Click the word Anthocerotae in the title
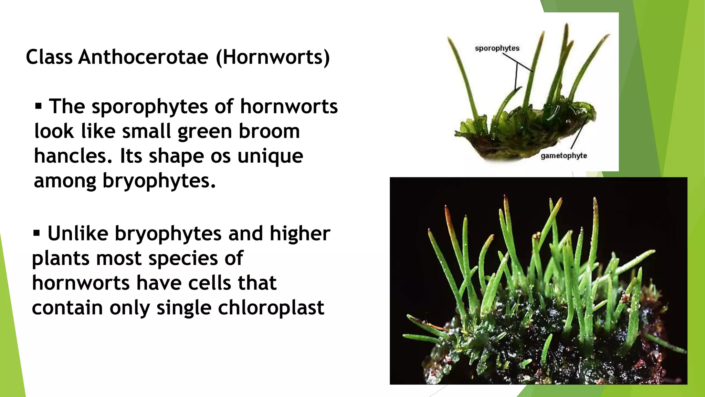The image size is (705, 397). pyautogui.click(x=143, y=57)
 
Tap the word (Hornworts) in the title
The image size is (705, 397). pyautogui.click(x=273, y=57)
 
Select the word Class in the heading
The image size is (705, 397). pyautogui.click(x=49, y=57)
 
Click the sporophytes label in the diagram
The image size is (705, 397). pyautogui.click(x=497, y=48)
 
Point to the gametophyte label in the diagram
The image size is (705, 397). pyautogui.click(x=564, y=156)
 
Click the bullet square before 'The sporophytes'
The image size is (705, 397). pyautogui.click(x=38, y=106)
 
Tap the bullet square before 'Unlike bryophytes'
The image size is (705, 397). pyautogui.click(x=36, y=233)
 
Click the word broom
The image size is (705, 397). pyautogui.click(x=269, y=131)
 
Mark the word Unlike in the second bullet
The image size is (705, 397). pyautogui.click(x=78, y=233)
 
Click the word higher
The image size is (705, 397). pyautogui.click(x=299, y=233)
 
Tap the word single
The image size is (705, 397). pyautogui.click(x=184, y=307)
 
